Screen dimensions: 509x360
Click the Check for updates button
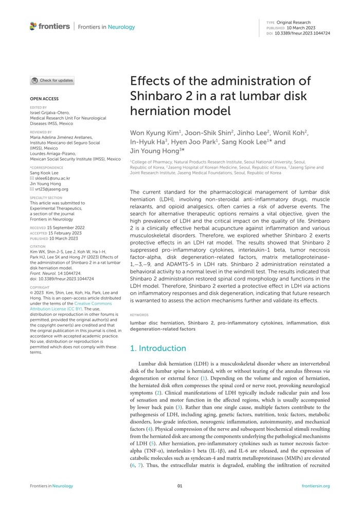pyautogui.click(x=52, y=80)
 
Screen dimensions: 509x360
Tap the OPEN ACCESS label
pyautogui.click(x=44, y=98)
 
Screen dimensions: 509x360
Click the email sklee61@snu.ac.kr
pyautogui.click(x=52, y=178)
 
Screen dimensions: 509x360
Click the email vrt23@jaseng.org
pyautogui.click(x=52, y=189)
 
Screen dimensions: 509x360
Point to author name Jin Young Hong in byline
pyautogui.click(x=154, y=151)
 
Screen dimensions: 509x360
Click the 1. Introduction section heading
pyautogui.click(x=158, y=348)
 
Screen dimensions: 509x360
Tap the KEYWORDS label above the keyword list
pyautogui.click(x=139, y=314)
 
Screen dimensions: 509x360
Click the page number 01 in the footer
pyautogui.click(x=180, y=486)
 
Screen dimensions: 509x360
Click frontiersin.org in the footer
pyautogui.click(x=315, y=486)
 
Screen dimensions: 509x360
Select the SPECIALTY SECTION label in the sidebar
pyautogui.click(x=46, y=197)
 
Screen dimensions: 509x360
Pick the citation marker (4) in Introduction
pyautogui.click(x=149, y=428)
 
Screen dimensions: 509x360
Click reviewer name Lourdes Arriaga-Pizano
pyautogui.click(x=56, y=154)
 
